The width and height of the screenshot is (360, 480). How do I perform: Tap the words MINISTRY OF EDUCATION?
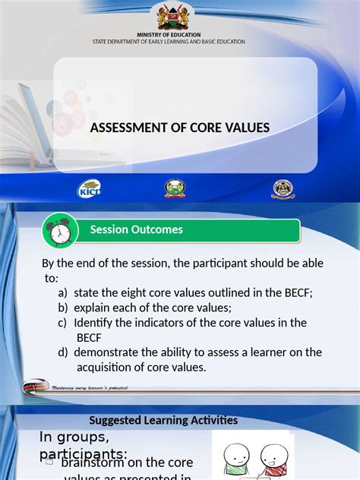point(169,35)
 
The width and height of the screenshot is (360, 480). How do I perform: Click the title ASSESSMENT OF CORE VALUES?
point(180,128)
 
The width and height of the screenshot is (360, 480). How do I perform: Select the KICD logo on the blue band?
point(89,189)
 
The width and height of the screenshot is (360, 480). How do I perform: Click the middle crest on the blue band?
point(175,189)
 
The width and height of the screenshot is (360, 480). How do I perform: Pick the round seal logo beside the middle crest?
point(283,189)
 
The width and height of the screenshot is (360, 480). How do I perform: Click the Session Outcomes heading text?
point(137,229)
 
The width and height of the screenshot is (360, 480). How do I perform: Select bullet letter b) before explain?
point(62,308)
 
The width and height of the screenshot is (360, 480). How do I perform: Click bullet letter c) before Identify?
point(62,323)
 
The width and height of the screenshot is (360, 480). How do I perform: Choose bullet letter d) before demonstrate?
point(62,352)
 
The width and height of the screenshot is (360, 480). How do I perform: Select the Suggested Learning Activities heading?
point(163,420)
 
